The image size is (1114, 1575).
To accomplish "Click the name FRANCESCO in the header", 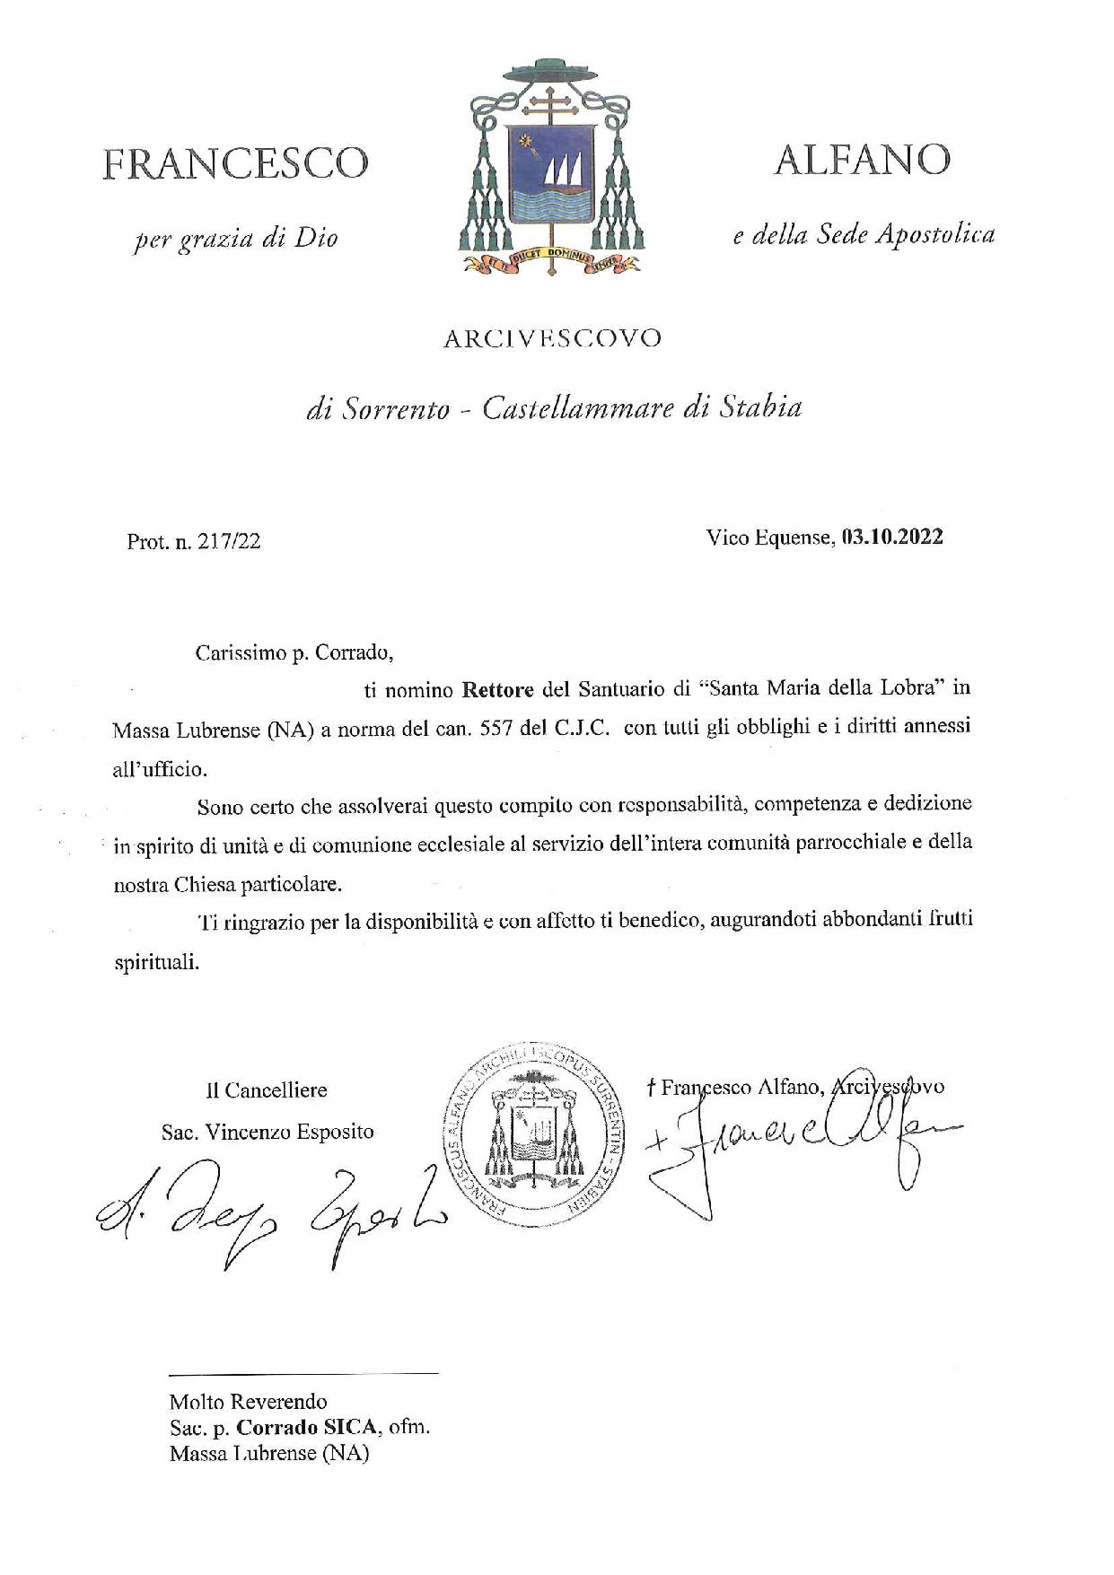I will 235,163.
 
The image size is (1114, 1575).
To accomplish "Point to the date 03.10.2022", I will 891,538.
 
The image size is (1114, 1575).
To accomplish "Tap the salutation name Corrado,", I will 355,652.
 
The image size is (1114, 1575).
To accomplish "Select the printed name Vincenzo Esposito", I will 289,1132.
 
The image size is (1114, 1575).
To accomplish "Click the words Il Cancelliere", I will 267,1090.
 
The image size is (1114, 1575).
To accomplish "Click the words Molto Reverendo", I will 249,1401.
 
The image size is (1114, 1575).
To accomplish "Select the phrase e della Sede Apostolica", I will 864,235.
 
